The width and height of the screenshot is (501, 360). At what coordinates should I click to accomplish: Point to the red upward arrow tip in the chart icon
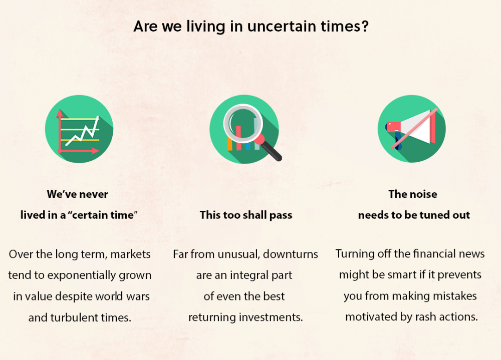point(60,112)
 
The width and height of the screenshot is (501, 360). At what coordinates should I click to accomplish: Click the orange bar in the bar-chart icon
point(229,143)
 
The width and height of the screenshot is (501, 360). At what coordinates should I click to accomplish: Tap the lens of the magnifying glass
point(243,124)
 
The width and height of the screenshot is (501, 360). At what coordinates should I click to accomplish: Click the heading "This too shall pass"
point(246,215)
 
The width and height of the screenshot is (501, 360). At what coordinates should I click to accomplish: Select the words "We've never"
point(77,194)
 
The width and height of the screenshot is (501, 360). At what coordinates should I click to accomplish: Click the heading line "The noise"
point(413,194)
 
